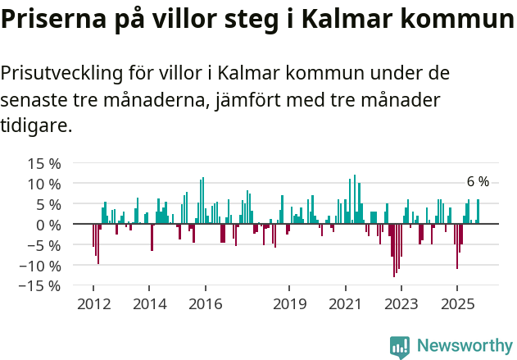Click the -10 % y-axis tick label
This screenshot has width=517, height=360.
(x=40, y=266)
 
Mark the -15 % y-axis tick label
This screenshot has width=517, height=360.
(x=40, y=286)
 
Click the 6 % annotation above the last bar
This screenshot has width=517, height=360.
(x=478, y=182)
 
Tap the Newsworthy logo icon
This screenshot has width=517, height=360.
(x=400, y=347)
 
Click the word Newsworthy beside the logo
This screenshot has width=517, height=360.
(x=465, y=347)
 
